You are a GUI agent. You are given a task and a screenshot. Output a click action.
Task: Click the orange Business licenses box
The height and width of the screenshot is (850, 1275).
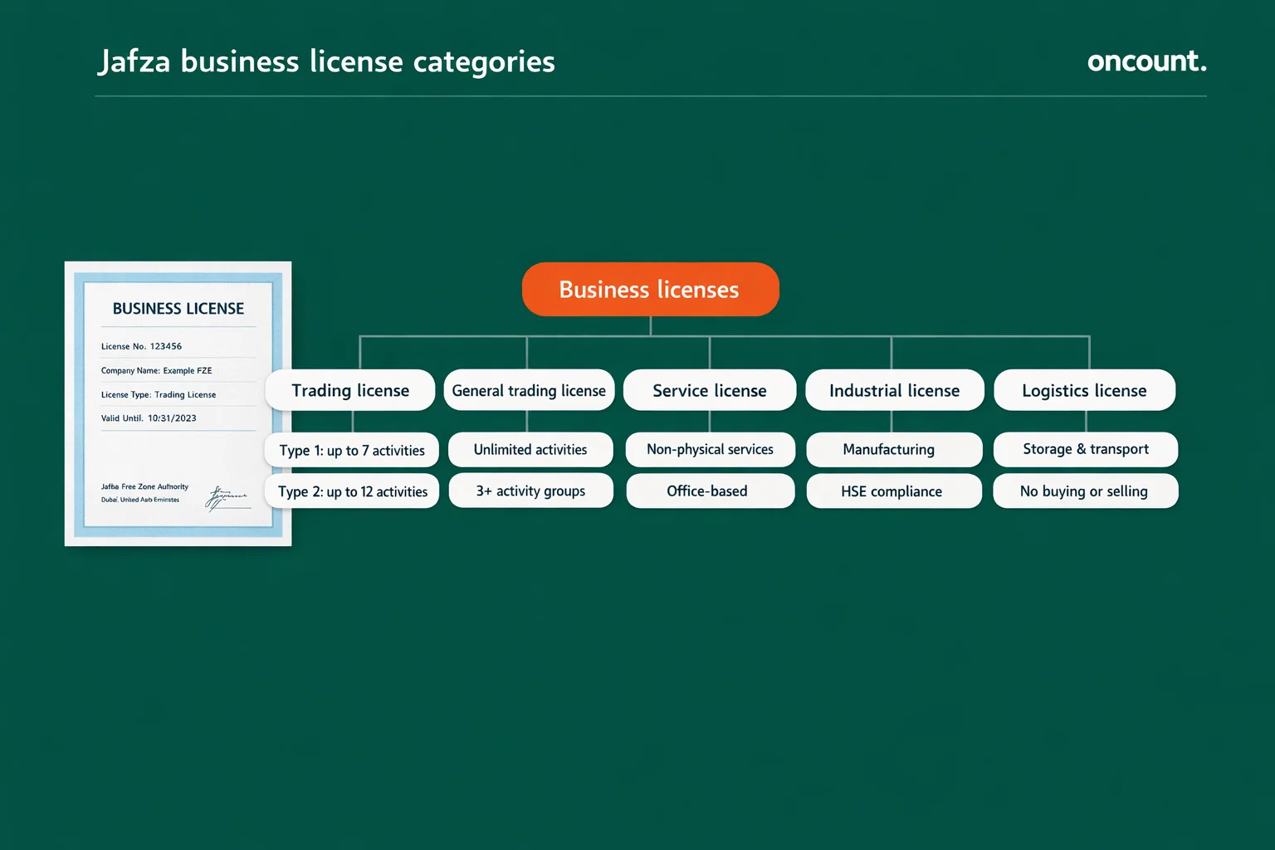(650, 289)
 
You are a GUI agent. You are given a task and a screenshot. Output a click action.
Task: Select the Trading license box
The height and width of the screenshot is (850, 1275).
(350, 390)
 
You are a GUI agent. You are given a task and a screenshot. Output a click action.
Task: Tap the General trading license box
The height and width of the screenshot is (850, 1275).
(529, 390)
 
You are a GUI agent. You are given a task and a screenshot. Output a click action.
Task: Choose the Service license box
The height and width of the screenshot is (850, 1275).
(710, 390)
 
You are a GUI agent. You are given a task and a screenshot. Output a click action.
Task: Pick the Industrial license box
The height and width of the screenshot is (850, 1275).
(894, 390)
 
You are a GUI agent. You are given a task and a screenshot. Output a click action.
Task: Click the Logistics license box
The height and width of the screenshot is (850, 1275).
(1084, 390)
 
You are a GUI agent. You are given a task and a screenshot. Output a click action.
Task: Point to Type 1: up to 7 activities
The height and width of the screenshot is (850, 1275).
(352, 450)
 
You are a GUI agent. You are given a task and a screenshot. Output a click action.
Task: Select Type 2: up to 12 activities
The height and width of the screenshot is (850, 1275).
(353, 491)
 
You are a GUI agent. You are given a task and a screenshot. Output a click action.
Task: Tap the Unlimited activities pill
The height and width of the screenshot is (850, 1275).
(530, 449)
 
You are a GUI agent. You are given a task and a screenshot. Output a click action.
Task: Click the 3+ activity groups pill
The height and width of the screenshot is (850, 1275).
(530, 491)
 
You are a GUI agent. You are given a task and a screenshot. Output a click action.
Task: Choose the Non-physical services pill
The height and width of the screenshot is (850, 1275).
(710, 449)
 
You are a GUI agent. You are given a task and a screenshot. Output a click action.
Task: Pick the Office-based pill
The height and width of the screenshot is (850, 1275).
(707, 491)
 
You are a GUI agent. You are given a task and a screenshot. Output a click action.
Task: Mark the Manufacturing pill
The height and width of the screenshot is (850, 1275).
(889, 449)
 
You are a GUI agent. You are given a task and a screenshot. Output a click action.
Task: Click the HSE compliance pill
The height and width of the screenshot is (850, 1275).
(892, 491)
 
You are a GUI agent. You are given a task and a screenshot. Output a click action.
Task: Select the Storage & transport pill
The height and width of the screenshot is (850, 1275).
(1086, 449)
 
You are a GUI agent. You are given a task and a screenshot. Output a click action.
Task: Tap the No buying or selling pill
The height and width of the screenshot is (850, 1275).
(1084, 491)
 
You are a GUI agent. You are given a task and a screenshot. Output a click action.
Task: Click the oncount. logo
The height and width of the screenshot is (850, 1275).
(1146, 61)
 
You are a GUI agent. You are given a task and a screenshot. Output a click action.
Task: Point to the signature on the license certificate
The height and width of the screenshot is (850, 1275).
(226, 497)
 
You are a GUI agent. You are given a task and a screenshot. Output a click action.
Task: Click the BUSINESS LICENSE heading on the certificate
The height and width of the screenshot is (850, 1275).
(178, 309)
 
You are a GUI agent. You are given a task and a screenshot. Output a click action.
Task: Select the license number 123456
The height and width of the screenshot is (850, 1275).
(166, 346)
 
